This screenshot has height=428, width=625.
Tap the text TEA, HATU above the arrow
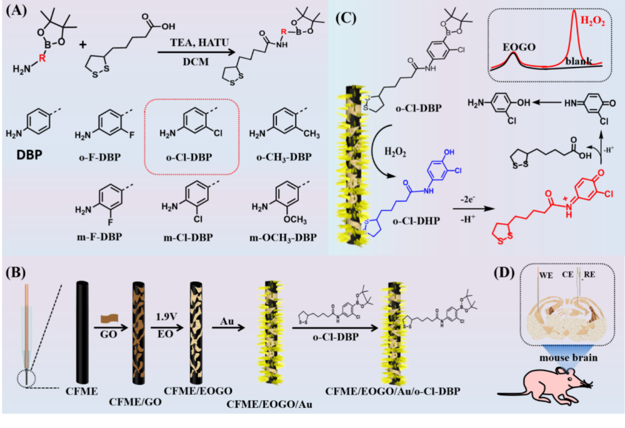pos(199,43)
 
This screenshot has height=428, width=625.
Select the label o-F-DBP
pos(100,157)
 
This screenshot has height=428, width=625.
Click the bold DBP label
pos(29,155)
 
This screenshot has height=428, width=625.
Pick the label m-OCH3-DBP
pos(283,237)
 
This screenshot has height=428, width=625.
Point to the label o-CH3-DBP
pos(284,157)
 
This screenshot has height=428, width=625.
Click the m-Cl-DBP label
pos(188,237)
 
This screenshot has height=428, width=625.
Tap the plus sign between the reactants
pos(83,44)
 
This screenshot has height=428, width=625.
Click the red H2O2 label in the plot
pos(593,20)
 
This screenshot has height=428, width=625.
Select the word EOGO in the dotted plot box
pos(519,47)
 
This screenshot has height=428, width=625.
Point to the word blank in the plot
pos(579,61)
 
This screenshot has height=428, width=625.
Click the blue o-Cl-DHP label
pos(416,221)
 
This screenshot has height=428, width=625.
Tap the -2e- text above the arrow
pos(468,199)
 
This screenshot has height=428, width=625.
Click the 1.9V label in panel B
pos(166,316)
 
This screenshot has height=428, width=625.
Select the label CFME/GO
pos(135,402)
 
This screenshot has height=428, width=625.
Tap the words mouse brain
pos(568,357)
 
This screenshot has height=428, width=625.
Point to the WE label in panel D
pos(546,275)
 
